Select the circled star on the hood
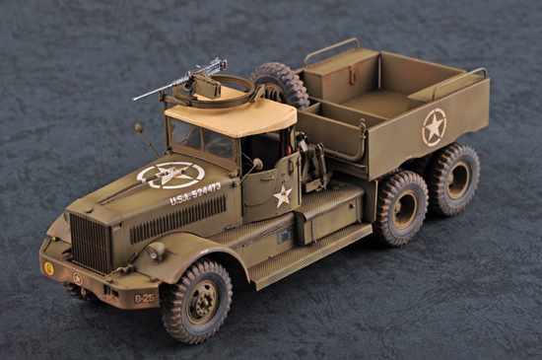(169, 176)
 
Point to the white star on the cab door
(283, 195)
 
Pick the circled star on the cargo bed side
(434, 126)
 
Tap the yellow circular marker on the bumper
(48, 268)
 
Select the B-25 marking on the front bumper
(144, 297)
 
